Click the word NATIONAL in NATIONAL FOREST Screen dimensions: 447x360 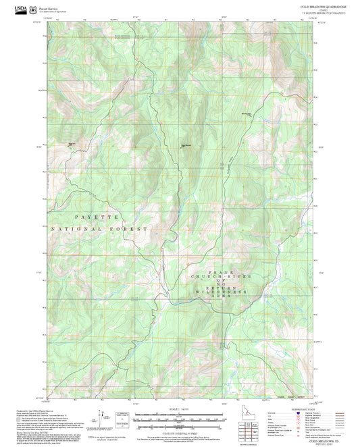tap(78, 230)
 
